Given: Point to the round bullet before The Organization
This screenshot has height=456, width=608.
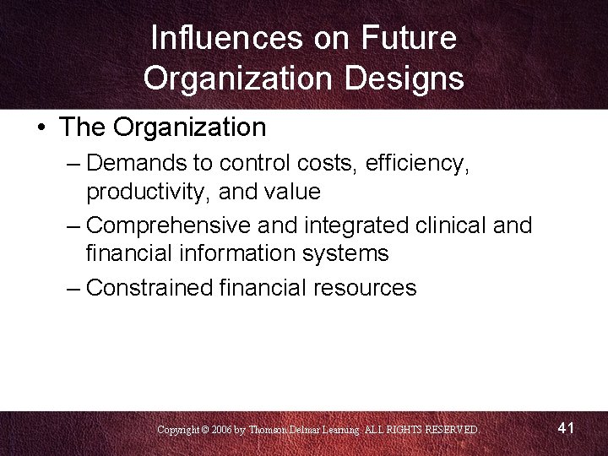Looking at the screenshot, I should point(41,128).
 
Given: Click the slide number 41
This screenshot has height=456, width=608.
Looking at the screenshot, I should point(567,428).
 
